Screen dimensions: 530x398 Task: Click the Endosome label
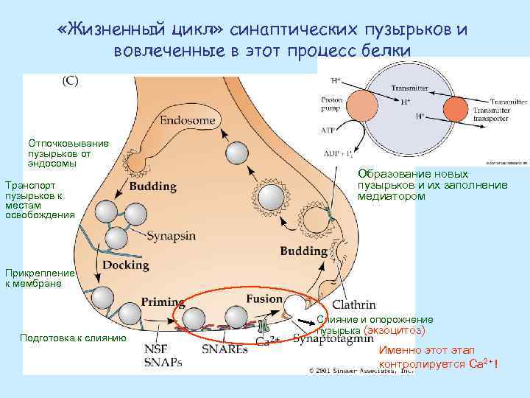click(188, 119)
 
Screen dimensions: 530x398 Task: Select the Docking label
click(127, 265)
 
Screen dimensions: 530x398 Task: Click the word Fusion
click(264, 299)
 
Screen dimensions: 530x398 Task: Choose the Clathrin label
click(354, 304)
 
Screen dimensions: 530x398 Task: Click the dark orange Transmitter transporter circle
click(456, 110)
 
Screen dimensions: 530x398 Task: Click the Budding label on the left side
click(152, 186)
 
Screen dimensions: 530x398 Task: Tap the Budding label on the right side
click(303, 251)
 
